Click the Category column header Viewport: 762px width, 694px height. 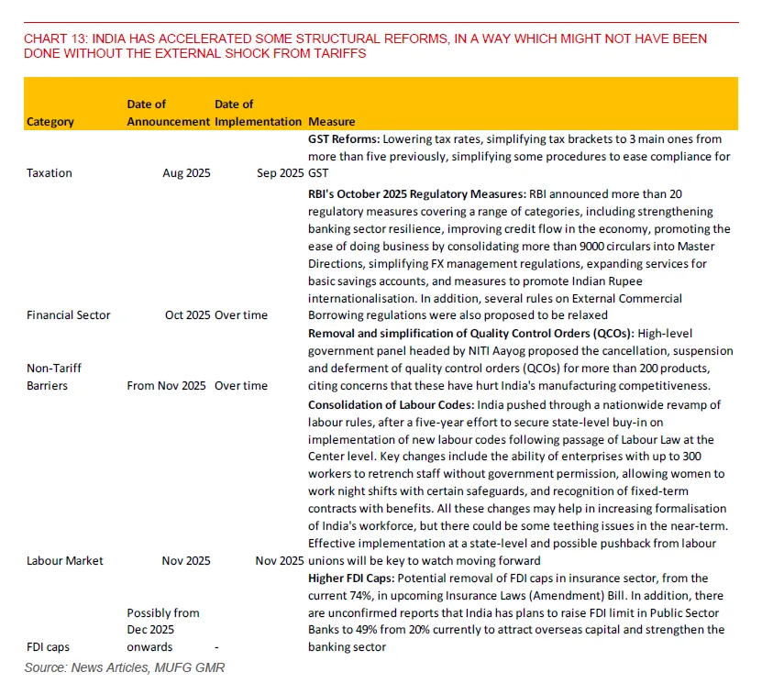[x=50, y=121]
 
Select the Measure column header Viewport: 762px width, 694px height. [x=332, y=121]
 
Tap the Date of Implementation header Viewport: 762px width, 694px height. [x=258, y=113]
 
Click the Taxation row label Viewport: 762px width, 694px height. [x=50, y=172]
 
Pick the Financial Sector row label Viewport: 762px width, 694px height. [x=69, y=314]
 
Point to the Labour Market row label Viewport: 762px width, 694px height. [x=65, y=560]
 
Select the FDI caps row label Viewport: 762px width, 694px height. [x=48, y=646]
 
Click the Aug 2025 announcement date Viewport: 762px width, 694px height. [x=186, y=172]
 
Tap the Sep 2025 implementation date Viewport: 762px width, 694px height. [x=280, y=172]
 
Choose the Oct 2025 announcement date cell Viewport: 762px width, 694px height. [x=186, y=314]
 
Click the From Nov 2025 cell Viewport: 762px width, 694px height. [x=166, y=385]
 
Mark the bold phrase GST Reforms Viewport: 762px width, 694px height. [x=343, y=139]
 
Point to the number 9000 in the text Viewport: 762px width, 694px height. [x=586, y=247]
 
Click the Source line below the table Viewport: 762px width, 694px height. [x=124, y=667]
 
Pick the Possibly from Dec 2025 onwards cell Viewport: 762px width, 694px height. [x=163, y=629]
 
